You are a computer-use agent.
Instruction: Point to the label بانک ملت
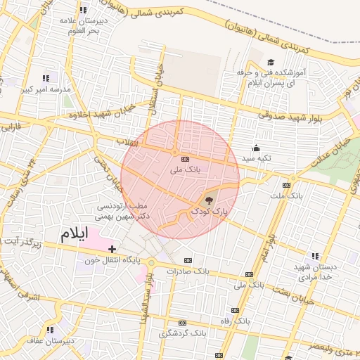289,195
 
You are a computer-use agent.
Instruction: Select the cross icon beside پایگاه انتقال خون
112,248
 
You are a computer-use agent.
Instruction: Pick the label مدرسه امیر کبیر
46,89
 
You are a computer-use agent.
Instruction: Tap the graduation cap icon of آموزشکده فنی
271,62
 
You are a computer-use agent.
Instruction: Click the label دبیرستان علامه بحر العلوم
84,26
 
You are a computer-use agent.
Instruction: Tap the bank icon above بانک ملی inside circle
185,159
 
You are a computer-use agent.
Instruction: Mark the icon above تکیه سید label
256,148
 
